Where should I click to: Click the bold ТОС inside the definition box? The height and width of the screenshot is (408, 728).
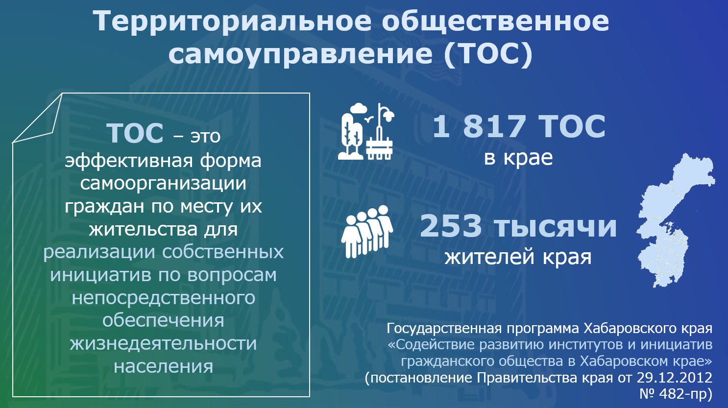pyautogui.click(x=135, y=133)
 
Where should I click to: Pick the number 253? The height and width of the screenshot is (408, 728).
pyautogui.click(x=451, y=226)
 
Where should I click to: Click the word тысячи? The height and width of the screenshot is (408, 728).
pyautogui.click(x=555, y=227)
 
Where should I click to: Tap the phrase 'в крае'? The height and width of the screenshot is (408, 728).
pyautogui.click(x=518, y=158)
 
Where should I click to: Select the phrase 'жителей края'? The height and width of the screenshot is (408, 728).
pyautogui.click(x=518, y=257)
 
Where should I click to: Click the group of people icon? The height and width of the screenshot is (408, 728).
pyautogui.click(x=367, y=231)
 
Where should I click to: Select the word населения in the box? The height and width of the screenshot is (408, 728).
pyautogui.click(x=164, y=366)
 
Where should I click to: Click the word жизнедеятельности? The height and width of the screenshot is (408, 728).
pyautogui.click(x=163, y=344)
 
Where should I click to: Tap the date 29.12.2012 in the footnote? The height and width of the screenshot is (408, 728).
pyautogui.click(x=675, y=378)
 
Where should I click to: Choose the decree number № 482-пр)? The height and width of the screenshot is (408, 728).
pyautogui.click(x=676, y=394)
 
